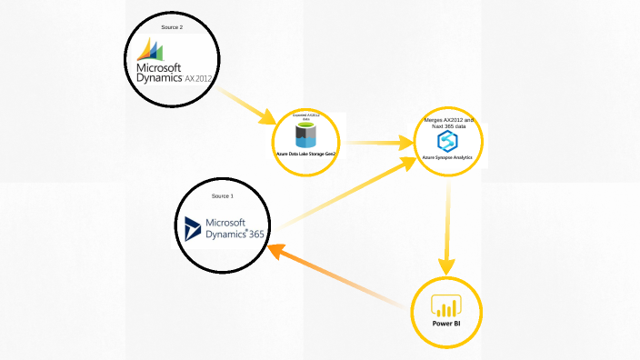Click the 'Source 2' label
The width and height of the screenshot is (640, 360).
pyautogui.click(x=172, y=28)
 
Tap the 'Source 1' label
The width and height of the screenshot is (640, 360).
pyautogui.click(x=223, y=196)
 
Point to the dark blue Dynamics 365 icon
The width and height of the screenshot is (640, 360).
pyautogui.click(x=192, y=229)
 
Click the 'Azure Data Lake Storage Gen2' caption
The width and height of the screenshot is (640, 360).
pyautogui.click(x=305, y=155)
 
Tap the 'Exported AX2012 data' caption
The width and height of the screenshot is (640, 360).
pyautogui.click(x=305, y=117)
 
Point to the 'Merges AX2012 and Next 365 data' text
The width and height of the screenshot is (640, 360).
pyautogui.click(x=448, y=123)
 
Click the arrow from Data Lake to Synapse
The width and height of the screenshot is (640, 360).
pyautogui.click(x=376, y=143)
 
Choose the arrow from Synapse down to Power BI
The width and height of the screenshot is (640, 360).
pyautogui.click(x=447, y=227)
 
